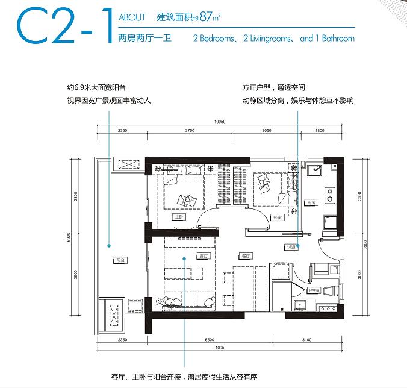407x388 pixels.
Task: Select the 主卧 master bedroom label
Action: (x=178, y=216)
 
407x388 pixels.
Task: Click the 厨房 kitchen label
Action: (x=309, y=202)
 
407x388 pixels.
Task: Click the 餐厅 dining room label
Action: (x=243, y=255)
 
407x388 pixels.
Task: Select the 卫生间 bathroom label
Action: (x=313, y=290)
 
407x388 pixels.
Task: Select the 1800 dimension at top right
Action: (x=319, y=130)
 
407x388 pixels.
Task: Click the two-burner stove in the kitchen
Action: (x=331, y=194)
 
